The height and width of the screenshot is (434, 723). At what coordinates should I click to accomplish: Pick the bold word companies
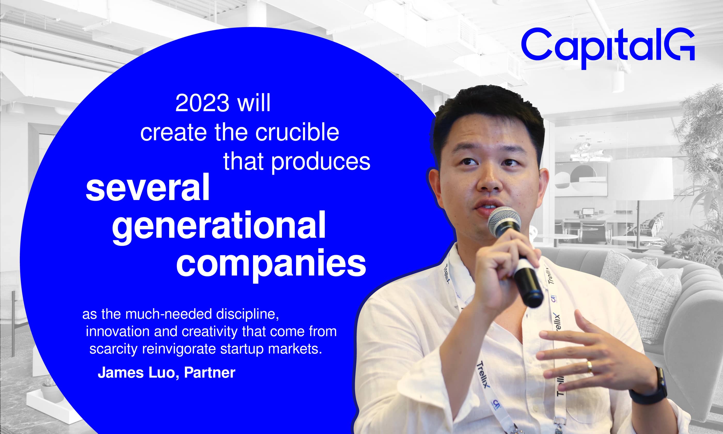tap(271, 264)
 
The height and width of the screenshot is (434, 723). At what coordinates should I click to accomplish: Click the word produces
tap(321, 162)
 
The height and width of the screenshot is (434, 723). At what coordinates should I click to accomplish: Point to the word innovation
tap(117, 331)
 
